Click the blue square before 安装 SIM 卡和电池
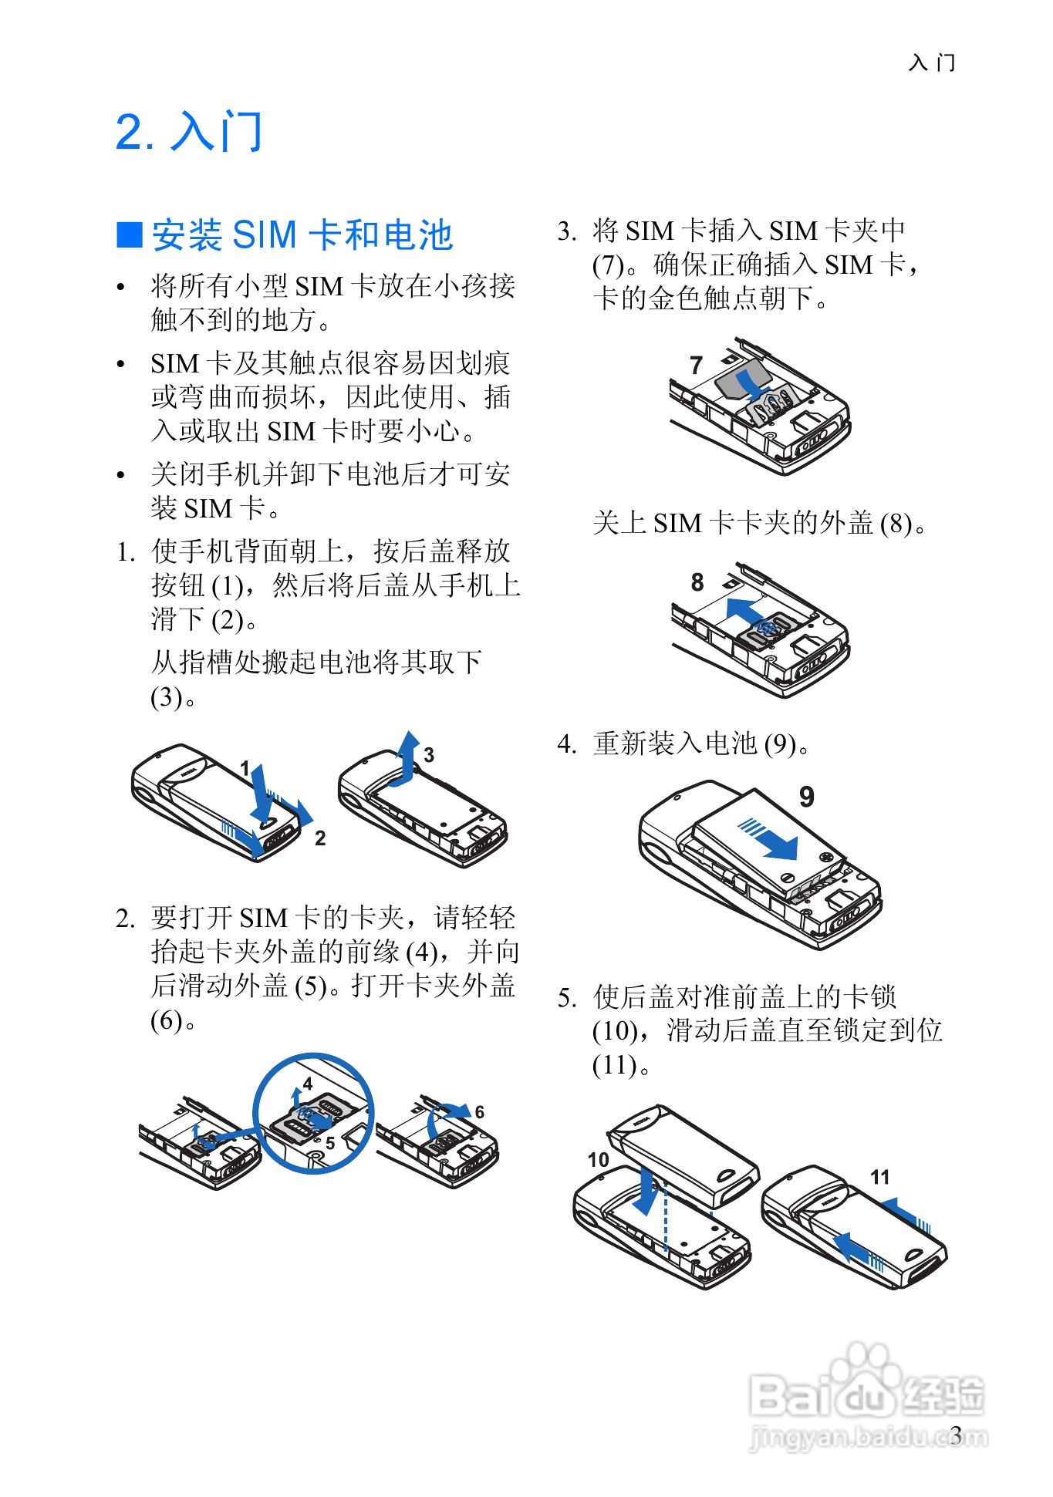point(130,234)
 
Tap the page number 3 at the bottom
point(956,1435)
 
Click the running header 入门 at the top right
point(932,62)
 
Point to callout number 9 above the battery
point(806,797)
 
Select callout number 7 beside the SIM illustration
point(696,365)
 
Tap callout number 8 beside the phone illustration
point(697,582)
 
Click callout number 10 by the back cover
point(598,1160)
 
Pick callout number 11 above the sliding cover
point(879,1177)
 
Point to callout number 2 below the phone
point(320,838)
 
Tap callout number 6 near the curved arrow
point(480,1112)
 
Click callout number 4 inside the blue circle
point(308,1084)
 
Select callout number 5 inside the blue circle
point(330,1143)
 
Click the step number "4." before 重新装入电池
point(567,744)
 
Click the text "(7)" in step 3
point(608,265)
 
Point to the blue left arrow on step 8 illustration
point(744,609)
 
